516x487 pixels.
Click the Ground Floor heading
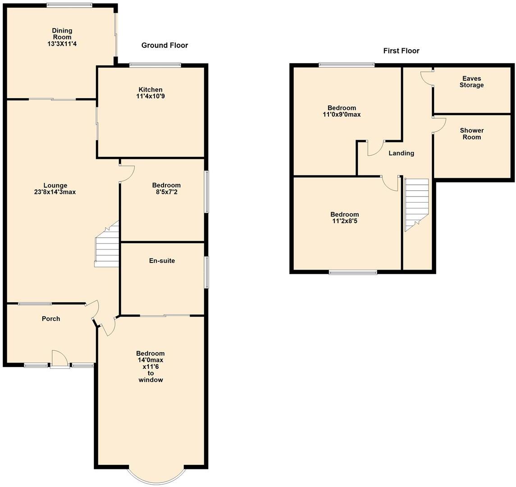(164, 45)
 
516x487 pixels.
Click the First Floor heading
(401, 51)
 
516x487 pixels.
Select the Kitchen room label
(151, 90)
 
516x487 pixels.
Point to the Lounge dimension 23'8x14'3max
(55, 192)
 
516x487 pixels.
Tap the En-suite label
(162, 261)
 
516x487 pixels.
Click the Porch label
(51, 319)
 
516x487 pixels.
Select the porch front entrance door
(60, 360)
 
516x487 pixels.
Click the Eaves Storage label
(471, 82)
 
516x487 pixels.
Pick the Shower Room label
(471, 133)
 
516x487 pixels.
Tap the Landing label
(401, 153)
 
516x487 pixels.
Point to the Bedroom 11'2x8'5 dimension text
(344, 221)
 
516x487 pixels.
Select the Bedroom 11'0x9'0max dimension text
(342, 115)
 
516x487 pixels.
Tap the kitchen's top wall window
(155, 65)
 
